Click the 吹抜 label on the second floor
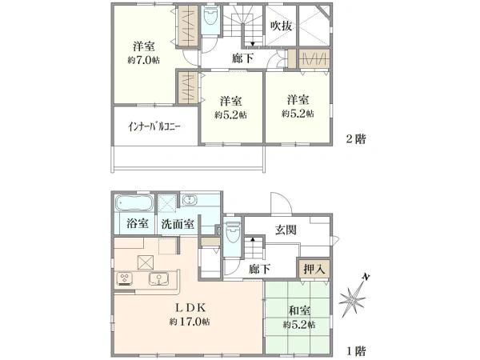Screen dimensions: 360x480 coord(280,26)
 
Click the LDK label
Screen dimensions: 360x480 coord(189,306)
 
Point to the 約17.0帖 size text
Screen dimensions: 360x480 coord(190,322)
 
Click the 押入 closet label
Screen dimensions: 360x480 coord(313,270)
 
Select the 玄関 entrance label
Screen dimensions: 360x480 coord(286,232)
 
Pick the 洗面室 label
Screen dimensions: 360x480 coord(177,223)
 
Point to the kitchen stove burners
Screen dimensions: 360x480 coord(126,279)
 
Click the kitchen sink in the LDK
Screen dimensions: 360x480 coord(158,280)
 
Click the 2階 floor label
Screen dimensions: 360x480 coord(354,137)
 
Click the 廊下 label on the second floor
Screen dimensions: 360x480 coord(242,58)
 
